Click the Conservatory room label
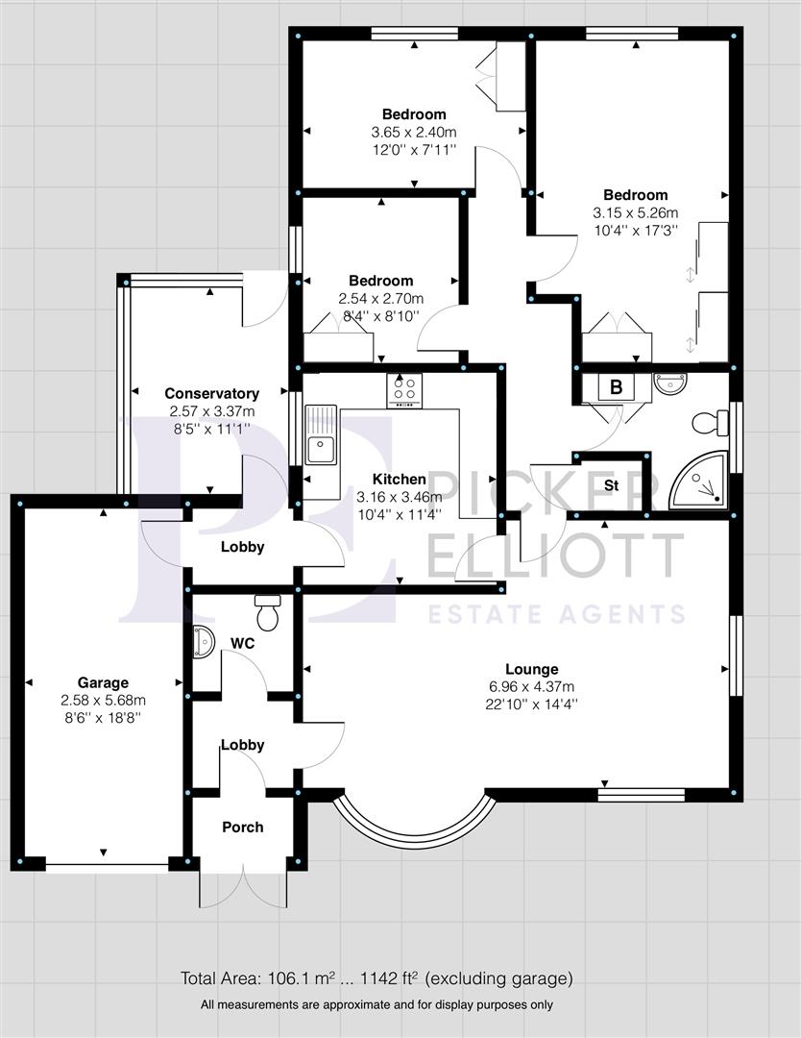(211, 393)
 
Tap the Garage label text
(103, 683)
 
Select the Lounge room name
(531, 669)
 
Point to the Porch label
(242, 827)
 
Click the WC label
(243, 643)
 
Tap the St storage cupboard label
(611, 484)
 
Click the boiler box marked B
(616, 387)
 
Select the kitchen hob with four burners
(404, 390)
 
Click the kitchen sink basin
(320, 450)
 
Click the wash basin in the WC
(203, 641)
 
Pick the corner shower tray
(699, 481)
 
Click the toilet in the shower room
(710, 422)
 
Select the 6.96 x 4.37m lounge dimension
(530, 686)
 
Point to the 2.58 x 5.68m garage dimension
(103, 701)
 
